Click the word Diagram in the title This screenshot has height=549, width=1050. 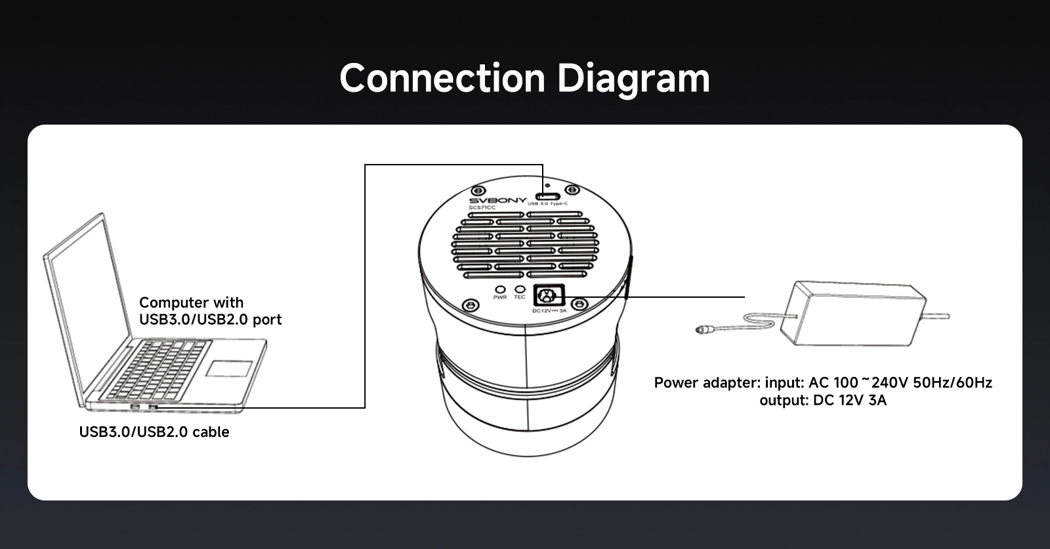click(633, 79)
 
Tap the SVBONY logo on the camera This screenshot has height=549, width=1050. click(497, 200)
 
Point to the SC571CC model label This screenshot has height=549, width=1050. click(482, 208)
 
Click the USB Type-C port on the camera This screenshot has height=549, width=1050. click(547, 195)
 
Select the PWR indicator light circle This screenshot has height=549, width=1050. click(500, 289)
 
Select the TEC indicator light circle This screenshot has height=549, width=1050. click(520, 289)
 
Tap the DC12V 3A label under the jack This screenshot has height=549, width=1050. click(549, 311)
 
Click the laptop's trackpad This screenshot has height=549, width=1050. click(229, 368)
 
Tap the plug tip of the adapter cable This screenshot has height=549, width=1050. click(702, 326)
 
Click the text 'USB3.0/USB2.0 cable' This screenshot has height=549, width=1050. click(154, 432)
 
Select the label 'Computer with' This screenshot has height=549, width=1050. click(191, 302)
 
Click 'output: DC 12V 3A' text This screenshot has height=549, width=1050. click(823, 400)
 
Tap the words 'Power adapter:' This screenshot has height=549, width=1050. click(707, 382)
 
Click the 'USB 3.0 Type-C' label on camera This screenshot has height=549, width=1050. click(547, 204)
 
